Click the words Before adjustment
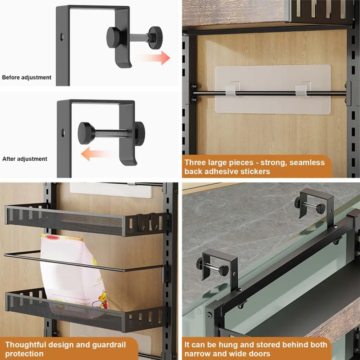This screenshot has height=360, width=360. click(27, 77)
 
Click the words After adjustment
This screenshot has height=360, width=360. click(25, 159)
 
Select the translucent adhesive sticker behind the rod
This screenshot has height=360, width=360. click(273, 89)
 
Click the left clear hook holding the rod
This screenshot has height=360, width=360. click(232, 89)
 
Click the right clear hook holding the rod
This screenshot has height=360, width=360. click(303, 89)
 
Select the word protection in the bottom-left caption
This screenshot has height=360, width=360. click(24, 354)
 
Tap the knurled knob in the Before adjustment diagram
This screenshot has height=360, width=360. click(155, 37)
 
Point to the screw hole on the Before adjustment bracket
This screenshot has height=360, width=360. click(62, 36)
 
